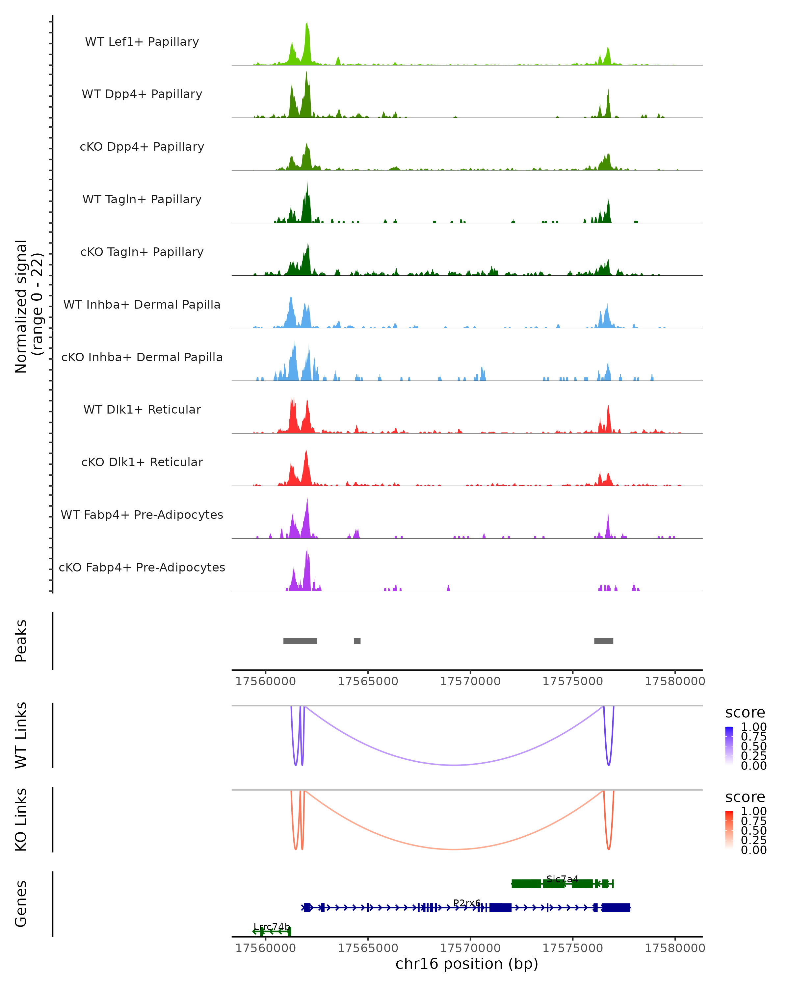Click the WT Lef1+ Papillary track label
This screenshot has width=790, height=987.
click(142, 42)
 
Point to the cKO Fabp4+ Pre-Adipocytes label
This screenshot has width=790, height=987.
click(142, 567)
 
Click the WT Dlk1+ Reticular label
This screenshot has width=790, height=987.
click(142, 409)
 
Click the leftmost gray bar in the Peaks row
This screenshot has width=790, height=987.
click(300, 641)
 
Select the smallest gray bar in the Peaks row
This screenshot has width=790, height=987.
click(357, 641)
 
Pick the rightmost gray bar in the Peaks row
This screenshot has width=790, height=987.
click(604, 641)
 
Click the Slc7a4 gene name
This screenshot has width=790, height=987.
click(563, 879)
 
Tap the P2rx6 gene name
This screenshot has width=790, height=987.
click(467, 903)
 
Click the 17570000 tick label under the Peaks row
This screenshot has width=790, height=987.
click(470, 681)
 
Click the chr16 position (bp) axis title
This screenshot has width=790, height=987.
click(467, 964)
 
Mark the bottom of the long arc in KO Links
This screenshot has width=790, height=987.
click(453, 849)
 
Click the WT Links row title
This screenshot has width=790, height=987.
click(21, 735)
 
